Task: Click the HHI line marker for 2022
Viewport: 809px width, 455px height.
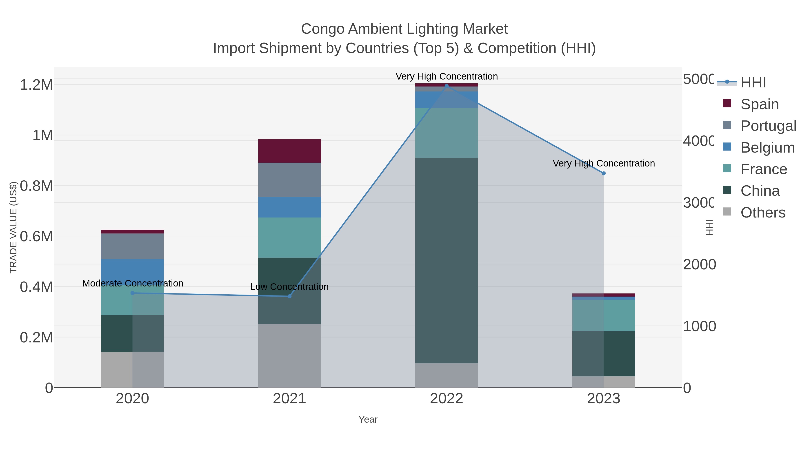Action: pos(447,86)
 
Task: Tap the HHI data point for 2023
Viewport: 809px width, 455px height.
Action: pos(603,173)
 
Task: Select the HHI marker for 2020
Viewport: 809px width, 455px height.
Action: pos(133,293)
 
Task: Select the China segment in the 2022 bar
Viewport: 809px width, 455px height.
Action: pos(447,260)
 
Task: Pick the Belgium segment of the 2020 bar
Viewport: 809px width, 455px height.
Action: pos(133,272)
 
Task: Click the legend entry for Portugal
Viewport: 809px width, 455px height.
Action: pos(768,126)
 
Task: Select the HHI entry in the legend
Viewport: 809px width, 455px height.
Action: pos(753,83)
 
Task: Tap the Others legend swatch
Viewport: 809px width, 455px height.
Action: pos(727,212)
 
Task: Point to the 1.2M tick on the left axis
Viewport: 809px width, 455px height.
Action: pos(36,85)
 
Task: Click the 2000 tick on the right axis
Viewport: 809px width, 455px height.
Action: pos(699,264)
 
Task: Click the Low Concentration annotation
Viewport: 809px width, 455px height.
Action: pos(289,287)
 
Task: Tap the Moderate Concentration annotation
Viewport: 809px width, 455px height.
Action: pos(133,283)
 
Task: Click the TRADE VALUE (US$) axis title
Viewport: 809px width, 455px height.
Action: pos(13,227)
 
